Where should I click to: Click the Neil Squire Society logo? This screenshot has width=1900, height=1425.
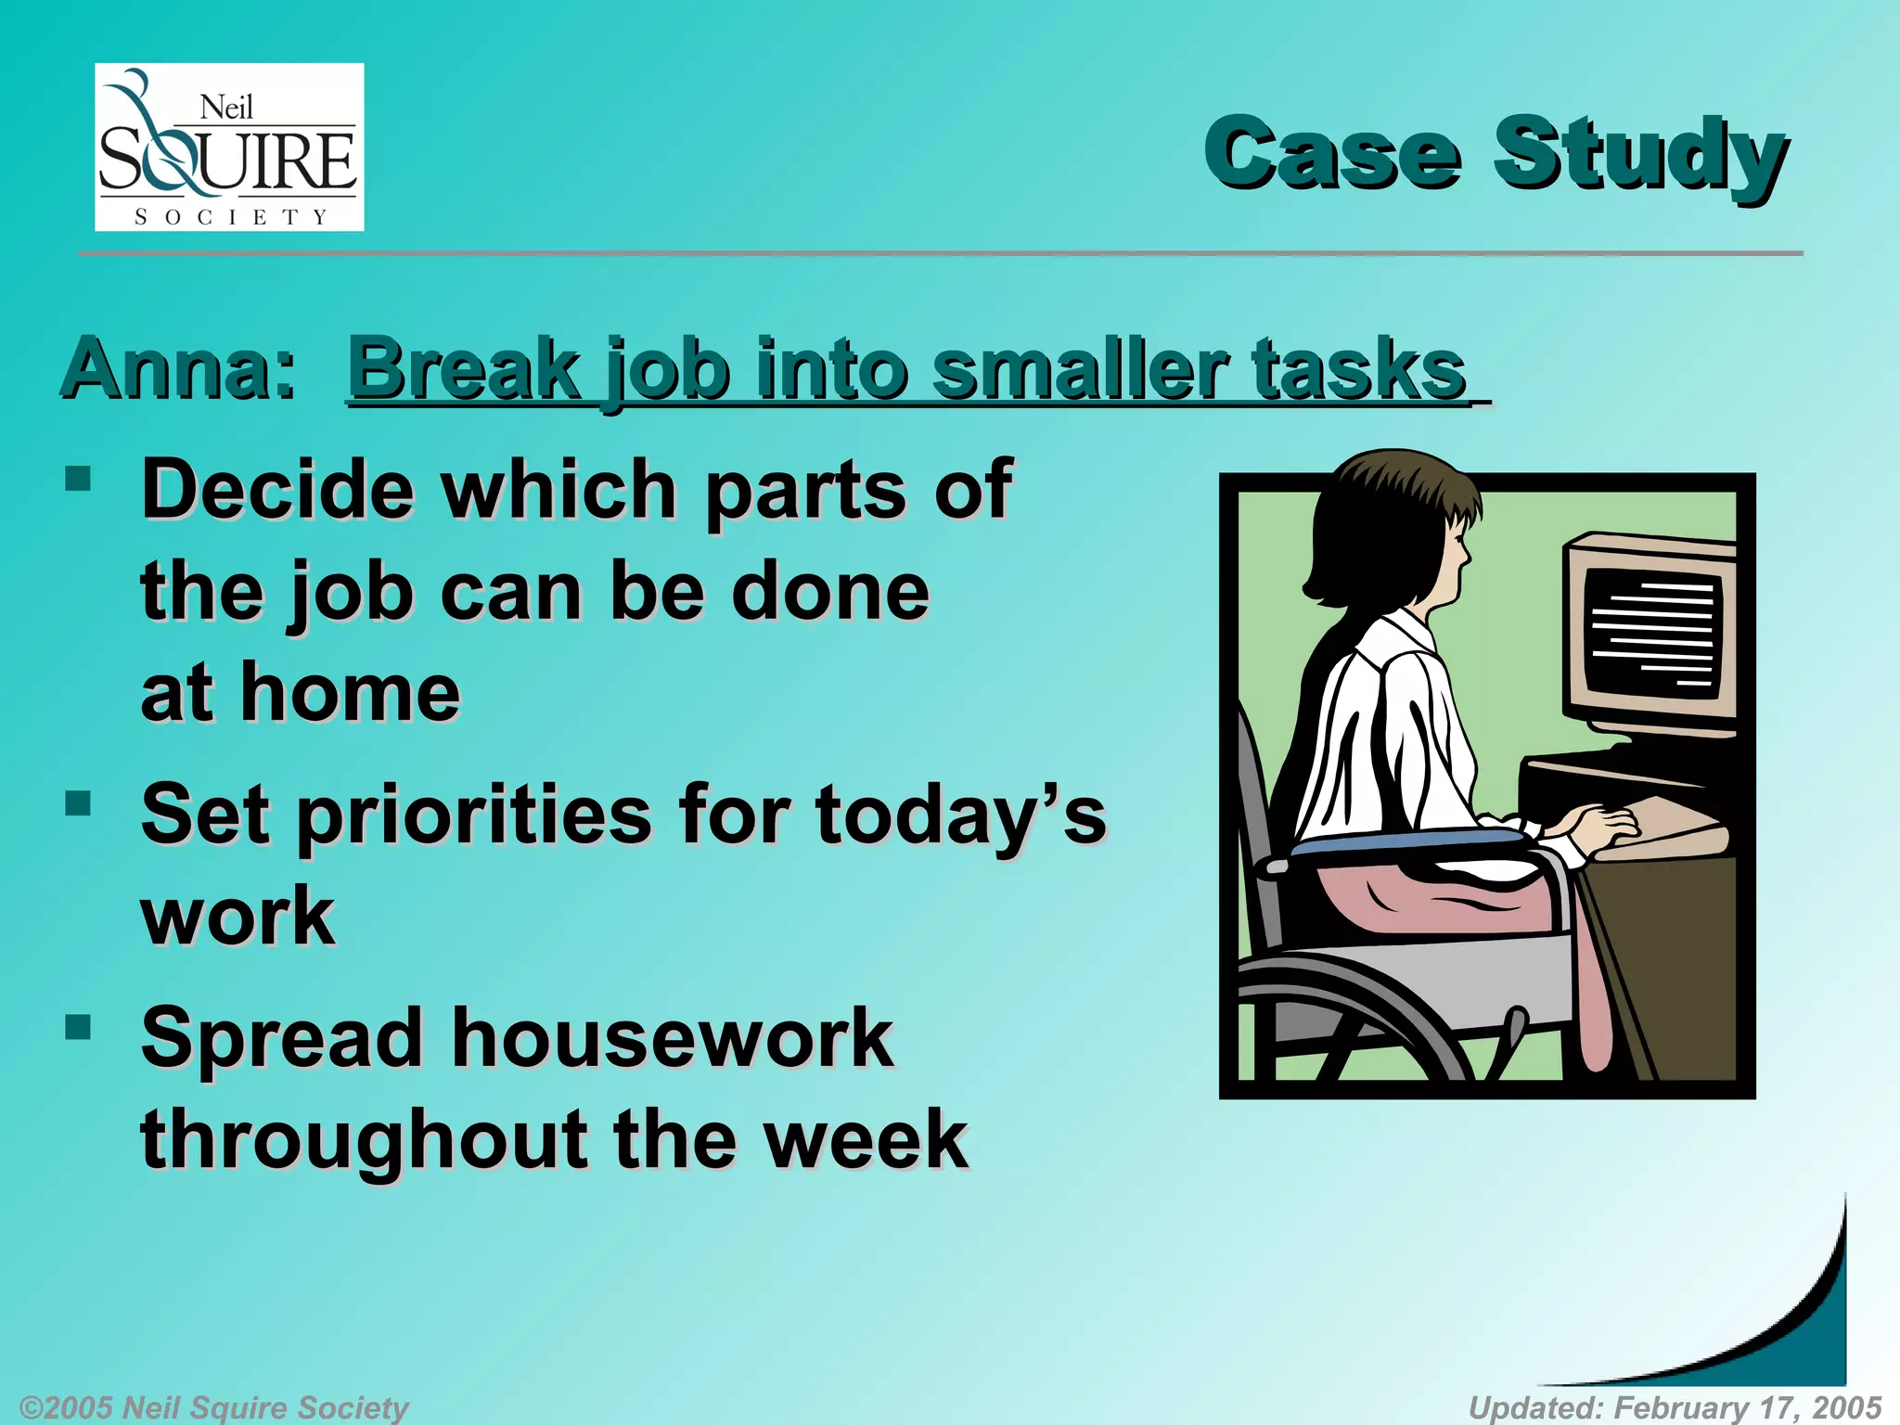point(229,148)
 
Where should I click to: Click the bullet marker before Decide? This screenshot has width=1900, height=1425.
point(79,479)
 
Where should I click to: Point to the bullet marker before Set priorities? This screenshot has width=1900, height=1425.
point(79,802)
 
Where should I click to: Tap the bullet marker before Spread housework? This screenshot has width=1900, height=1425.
point(79,1026)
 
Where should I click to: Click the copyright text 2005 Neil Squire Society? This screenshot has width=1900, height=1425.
point(213,1407)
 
